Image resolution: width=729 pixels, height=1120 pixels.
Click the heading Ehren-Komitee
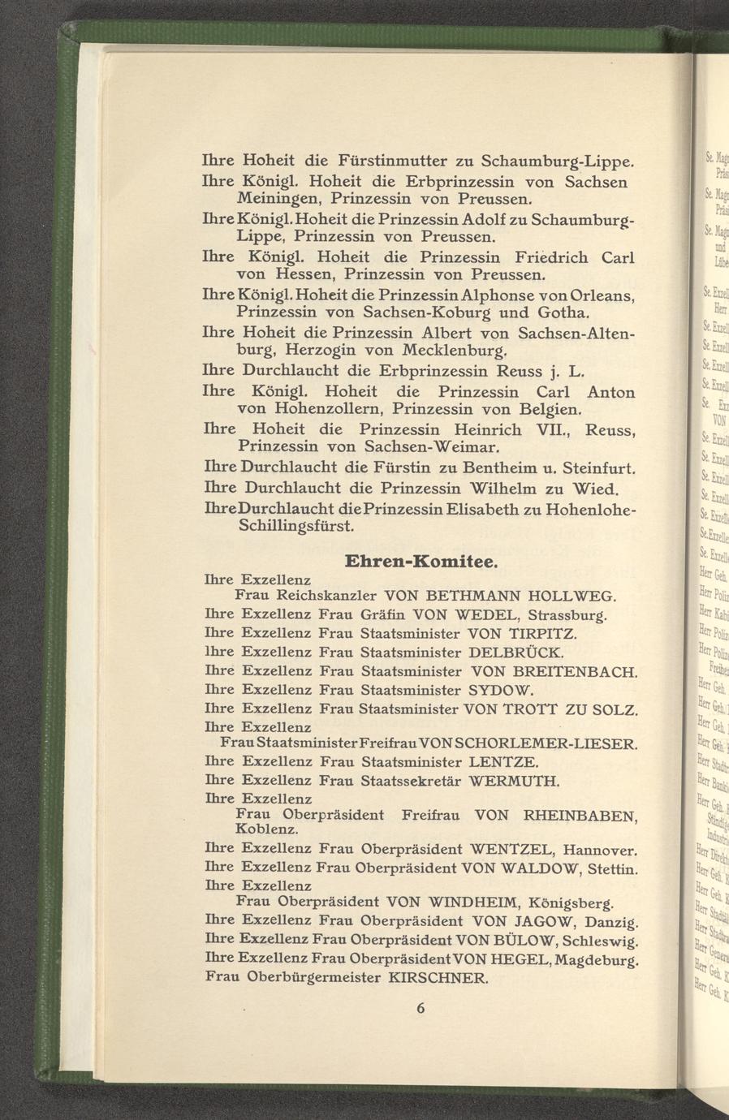pos(421,562)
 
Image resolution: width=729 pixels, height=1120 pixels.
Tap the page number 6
pos(421,1008)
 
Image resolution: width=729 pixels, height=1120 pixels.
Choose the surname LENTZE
pos(503,763)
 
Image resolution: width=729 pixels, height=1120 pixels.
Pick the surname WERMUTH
pos(515,782)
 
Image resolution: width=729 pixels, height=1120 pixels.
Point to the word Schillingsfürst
pos(295,527)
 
